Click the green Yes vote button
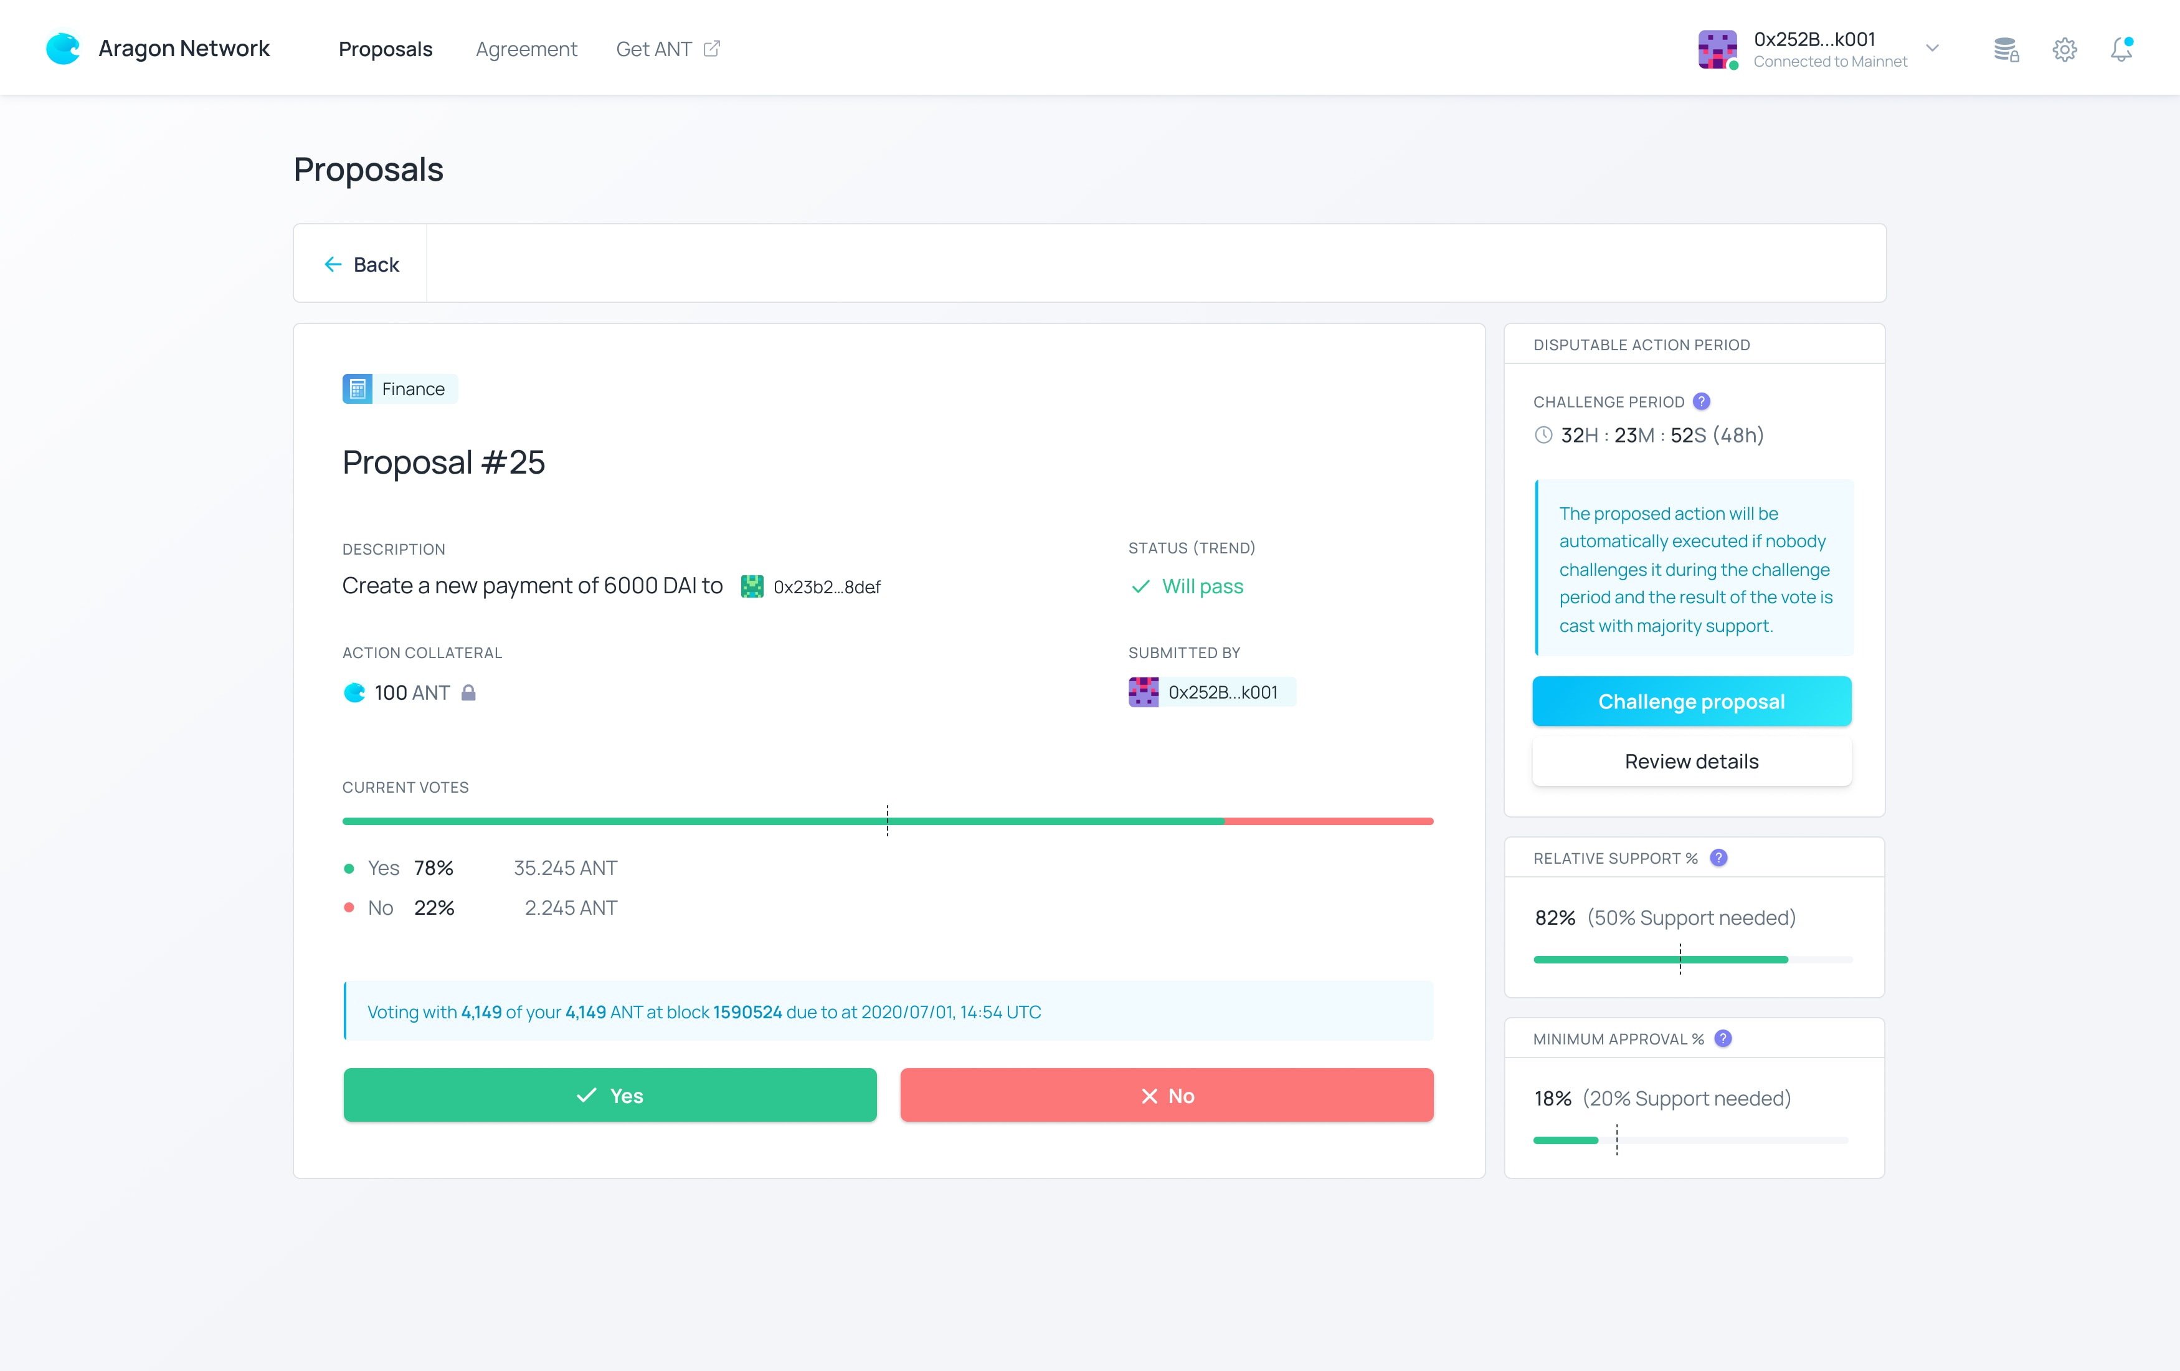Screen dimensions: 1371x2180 tap(609, 1095)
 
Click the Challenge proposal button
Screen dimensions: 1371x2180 tap(1691, 702)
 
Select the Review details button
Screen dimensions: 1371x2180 tap(1691, 762)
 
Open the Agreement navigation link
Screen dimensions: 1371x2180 tap(526, 49)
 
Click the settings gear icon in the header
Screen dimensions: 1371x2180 tap(2064, 49)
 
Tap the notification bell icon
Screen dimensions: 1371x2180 tap(2121, 49)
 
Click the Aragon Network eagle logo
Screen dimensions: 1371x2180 tap(62, 49)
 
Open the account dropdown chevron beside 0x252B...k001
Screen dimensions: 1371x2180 tap(1932, 49)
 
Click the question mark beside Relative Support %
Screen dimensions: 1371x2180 tap(1718, 857)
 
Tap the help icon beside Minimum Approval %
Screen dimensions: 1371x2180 tap(1723, 1039)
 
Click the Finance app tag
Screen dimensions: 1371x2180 tap(399, 388)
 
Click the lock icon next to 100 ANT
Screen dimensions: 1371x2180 tap(468, 693)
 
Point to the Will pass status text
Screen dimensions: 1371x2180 tap(1202, 587)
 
